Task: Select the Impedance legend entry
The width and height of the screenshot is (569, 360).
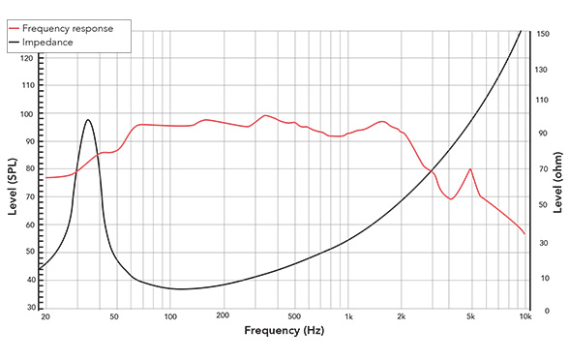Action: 61,43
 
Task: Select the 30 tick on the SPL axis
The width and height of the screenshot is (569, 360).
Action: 30,308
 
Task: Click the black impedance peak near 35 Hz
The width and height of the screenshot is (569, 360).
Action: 88,120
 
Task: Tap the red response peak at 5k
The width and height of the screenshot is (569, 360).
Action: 470,169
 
